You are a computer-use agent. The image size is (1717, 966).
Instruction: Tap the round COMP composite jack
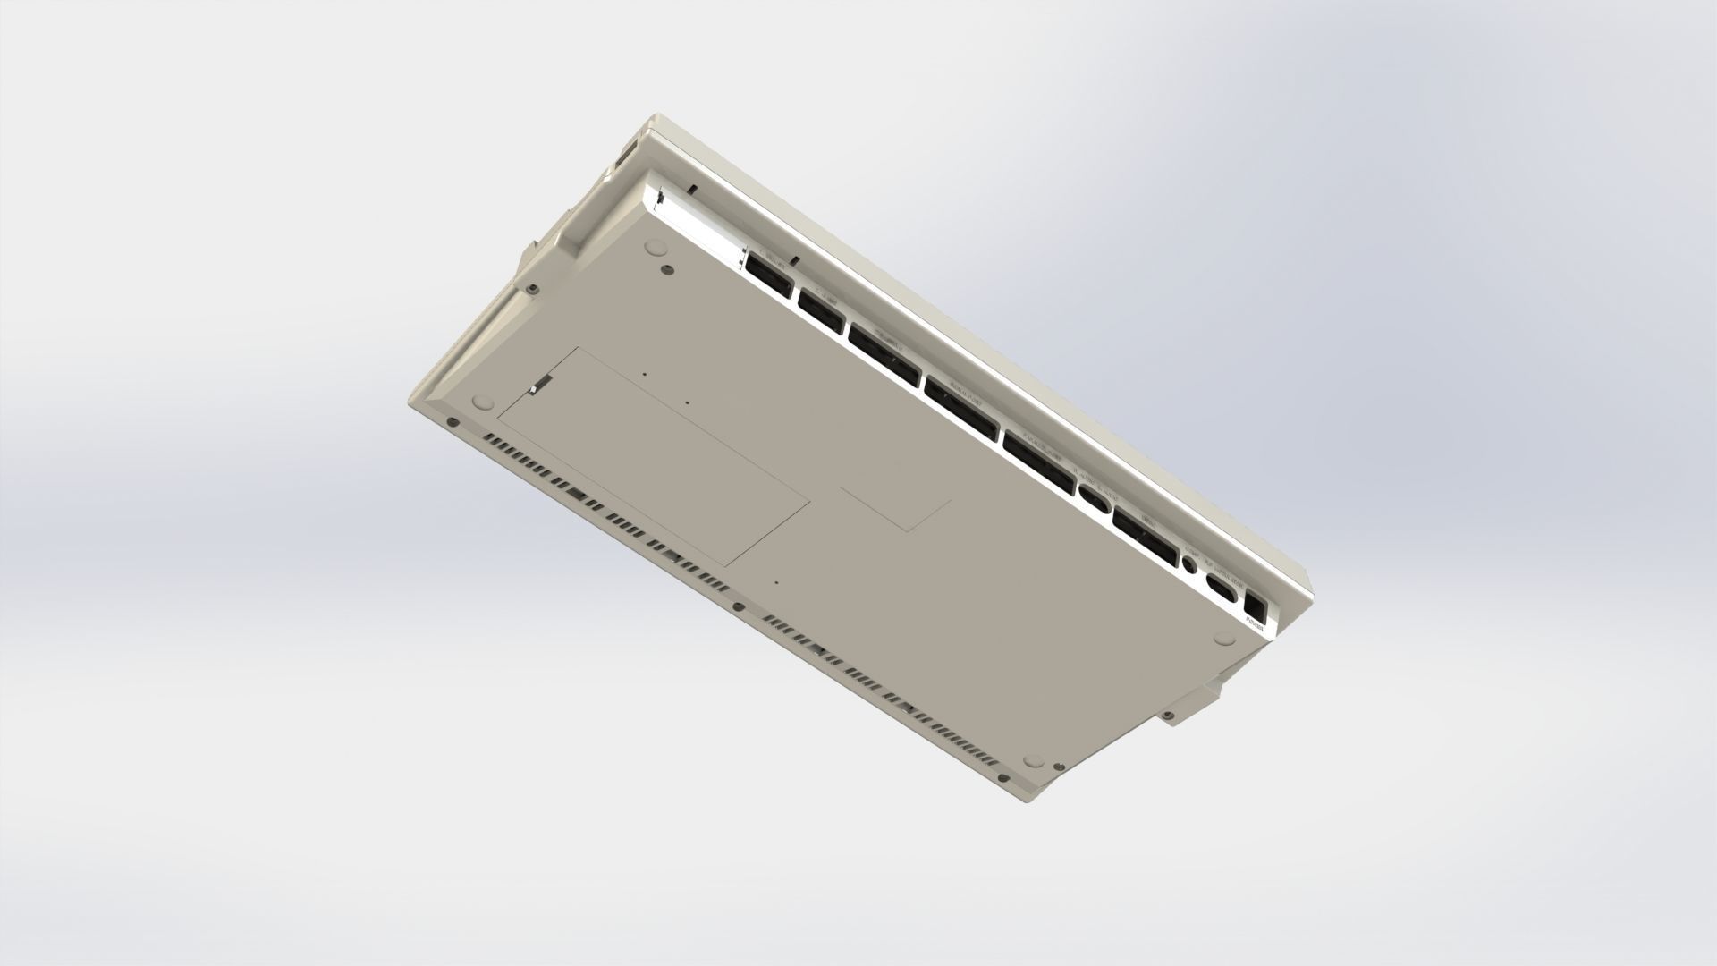pos(1190,563)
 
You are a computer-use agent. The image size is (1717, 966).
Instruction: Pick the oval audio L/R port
pos(1093,494)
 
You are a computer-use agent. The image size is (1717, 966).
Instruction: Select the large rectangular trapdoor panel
pos(653,456)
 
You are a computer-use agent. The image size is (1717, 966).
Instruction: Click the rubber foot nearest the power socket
pos(1226,636)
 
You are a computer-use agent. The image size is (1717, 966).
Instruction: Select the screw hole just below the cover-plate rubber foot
pos(665,267)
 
